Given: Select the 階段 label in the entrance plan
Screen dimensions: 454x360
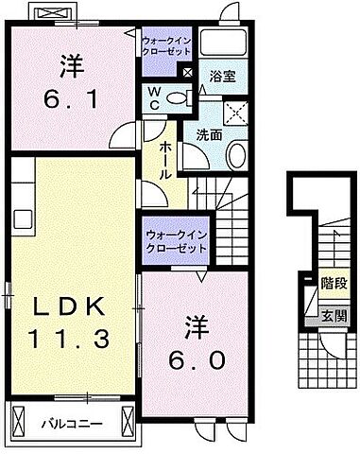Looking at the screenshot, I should click(x=333, y=283).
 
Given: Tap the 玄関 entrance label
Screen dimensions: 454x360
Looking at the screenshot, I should click(x=333, y=317).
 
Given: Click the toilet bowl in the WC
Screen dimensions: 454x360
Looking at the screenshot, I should click(x=180, y=97).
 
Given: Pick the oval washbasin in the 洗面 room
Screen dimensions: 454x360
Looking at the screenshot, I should click(x=238, y=153).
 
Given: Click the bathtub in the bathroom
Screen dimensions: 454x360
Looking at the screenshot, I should click(x=222, y=43).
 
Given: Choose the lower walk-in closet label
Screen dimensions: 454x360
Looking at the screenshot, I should click(x=175, y=241).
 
